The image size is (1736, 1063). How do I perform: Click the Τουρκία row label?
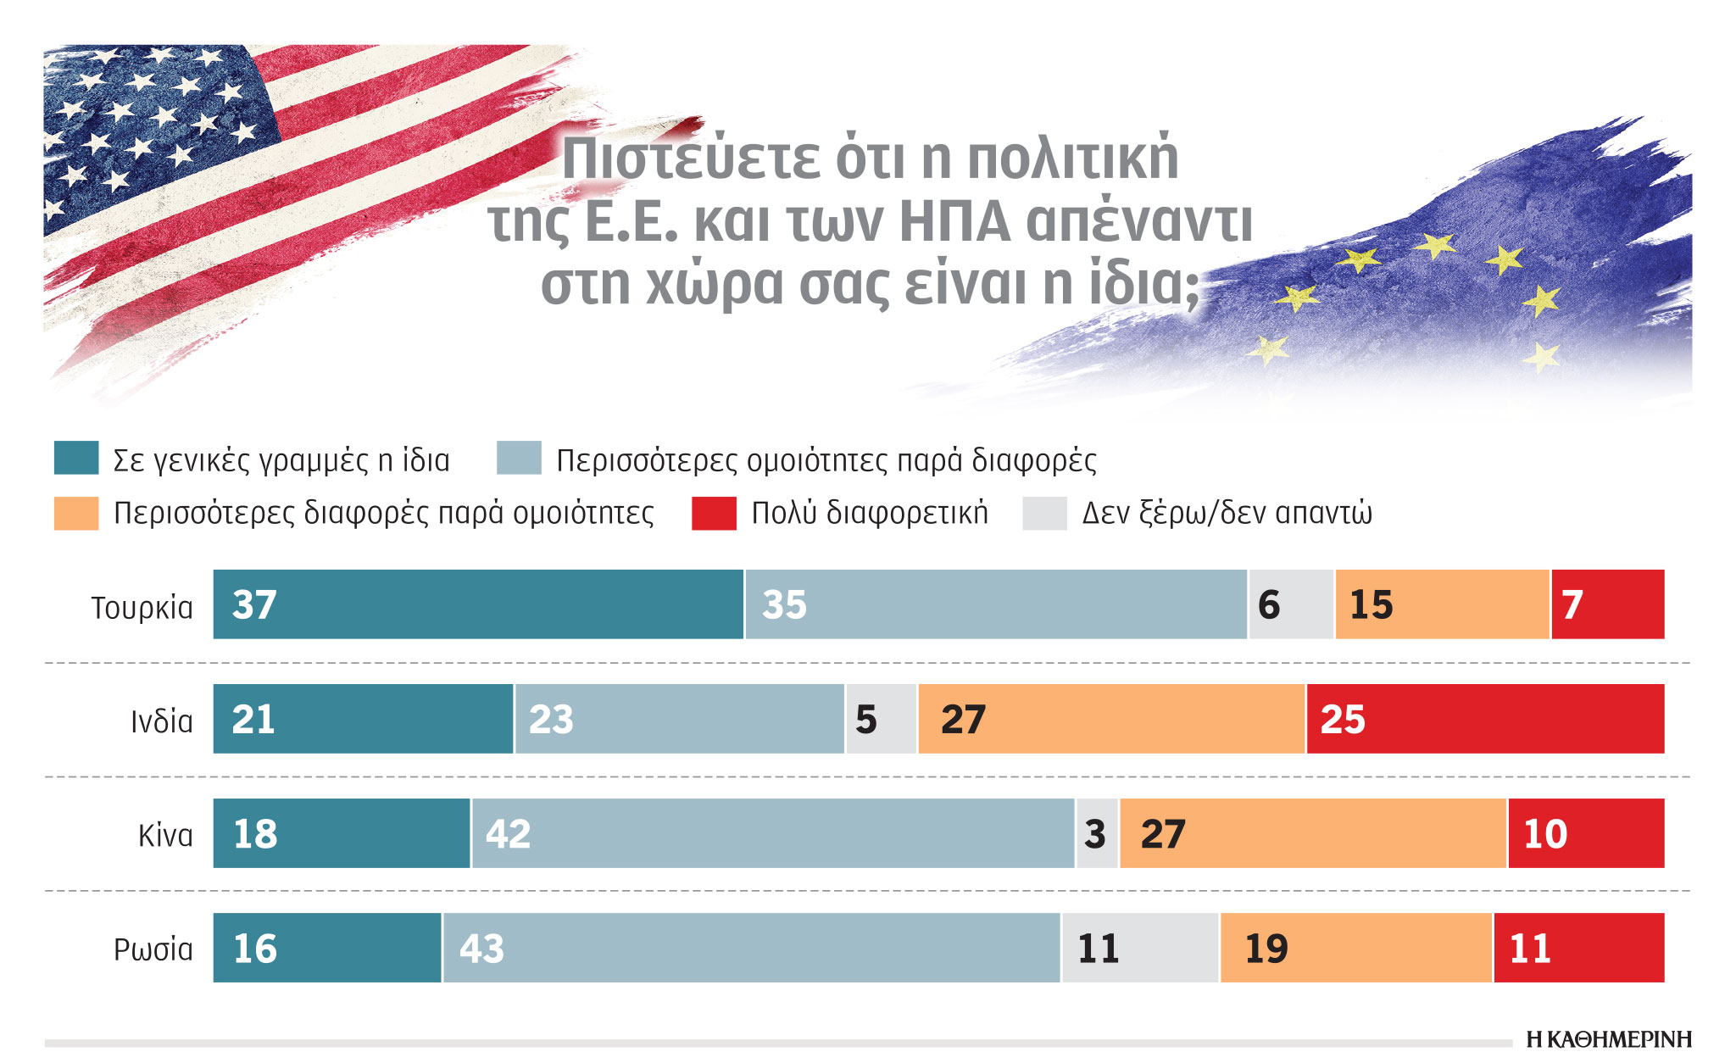[142, 608]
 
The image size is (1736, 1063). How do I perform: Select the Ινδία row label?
[161, 721]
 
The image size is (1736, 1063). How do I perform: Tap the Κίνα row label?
[165, 836]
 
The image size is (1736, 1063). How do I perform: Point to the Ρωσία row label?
[153, 949]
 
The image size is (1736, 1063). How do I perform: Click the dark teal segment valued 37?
[478, 604]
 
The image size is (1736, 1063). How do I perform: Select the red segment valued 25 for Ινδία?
[1485, 719]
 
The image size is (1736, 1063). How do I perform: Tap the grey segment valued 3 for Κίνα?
[1097, 833]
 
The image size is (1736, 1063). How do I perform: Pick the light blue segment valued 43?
[751, 948]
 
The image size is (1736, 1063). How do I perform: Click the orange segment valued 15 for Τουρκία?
[1442, 604]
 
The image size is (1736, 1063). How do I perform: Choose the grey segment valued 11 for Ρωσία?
[1140, 948]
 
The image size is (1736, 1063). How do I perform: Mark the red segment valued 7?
[1608, 604]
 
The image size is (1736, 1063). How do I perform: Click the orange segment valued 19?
[1356, 948]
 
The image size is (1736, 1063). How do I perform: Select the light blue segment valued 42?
[773, 833]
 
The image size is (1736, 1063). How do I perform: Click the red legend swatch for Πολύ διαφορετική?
[714, 514]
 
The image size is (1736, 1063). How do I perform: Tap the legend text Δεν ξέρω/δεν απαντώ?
[1227, 514]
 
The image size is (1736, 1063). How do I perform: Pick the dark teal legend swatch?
[76, 458]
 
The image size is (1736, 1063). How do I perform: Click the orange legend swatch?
[76, 514]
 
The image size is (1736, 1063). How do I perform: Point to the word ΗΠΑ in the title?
[954, 222]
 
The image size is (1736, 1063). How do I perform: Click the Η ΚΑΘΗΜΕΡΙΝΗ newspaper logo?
[1608, 1039]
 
